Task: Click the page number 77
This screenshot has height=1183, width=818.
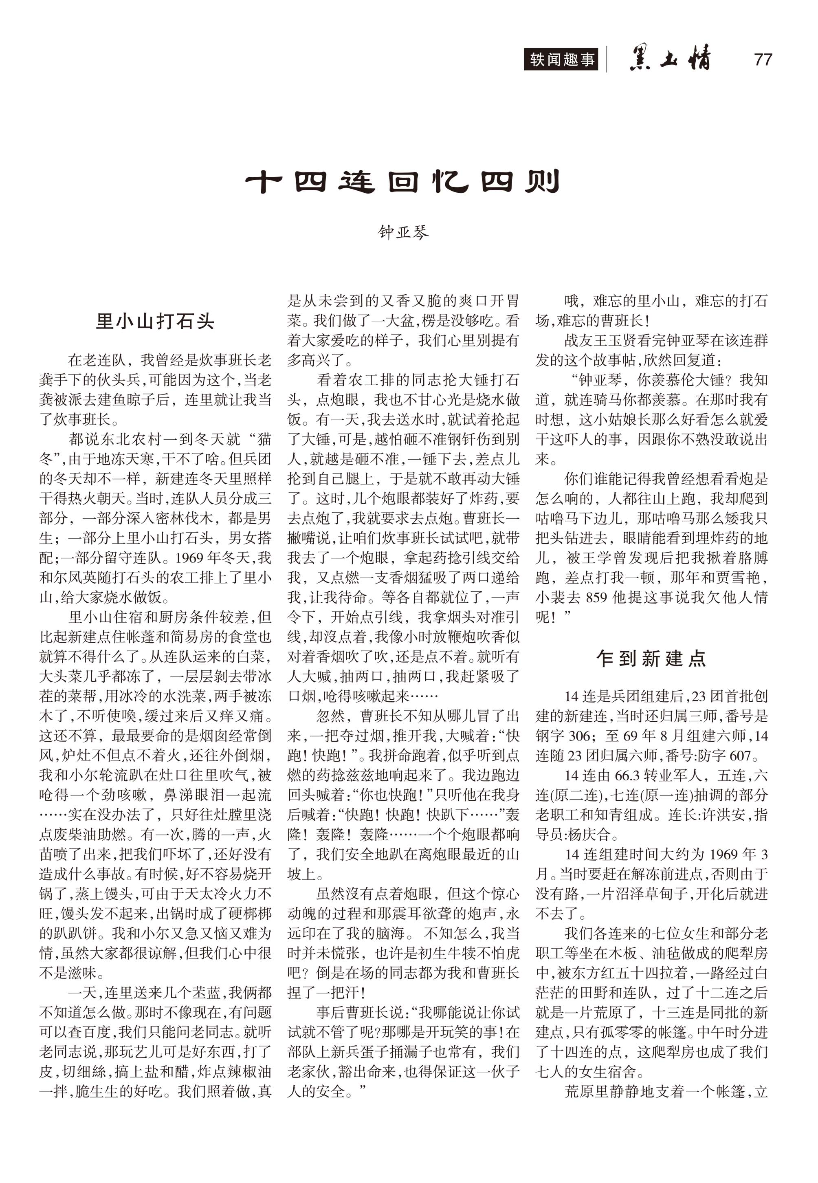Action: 763,60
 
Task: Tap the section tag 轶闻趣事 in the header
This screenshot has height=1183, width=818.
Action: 562,59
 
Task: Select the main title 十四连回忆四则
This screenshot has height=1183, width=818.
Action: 402,181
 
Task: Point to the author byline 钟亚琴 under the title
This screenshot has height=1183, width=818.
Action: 403,233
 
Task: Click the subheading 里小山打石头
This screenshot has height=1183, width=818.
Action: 155,322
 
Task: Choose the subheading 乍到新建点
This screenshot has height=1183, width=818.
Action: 651,658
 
